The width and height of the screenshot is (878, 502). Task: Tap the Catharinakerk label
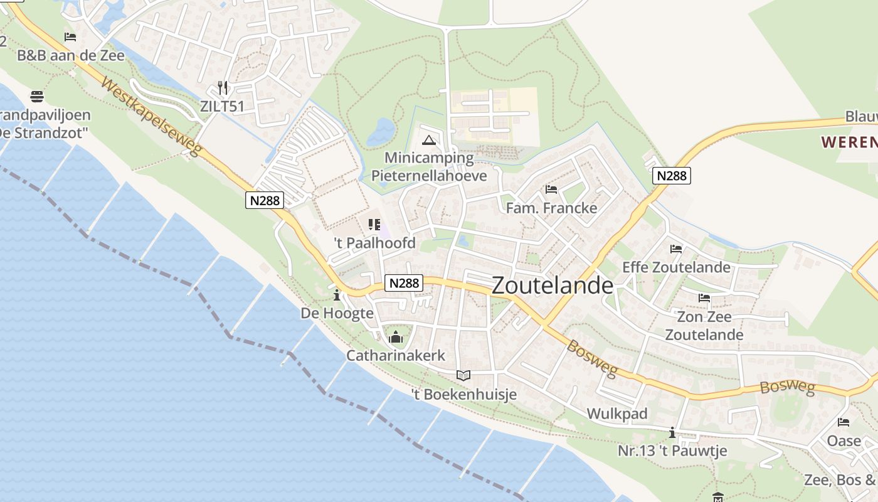coord(396,356)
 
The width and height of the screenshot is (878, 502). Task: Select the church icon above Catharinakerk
coord(396,338)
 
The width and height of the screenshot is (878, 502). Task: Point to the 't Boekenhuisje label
coord(463,394)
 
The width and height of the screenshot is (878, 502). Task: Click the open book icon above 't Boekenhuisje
coord(463,375)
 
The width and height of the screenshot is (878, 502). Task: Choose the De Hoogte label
coord(337,312)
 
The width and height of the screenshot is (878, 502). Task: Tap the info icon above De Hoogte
coord(337,294)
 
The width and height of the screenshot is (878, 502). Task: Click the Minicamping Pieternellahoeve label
coord(429,166)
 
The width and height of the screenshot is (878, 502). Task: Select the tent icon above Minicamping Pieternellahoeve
coord(429,139)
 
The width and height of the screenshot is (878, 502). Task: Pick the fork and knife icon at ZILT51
coord(223,87)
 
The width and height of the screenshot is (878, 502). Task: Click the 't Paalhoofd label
coord(374,242)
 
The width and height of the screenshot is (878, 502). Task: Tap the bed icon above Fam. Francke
coord(551,189)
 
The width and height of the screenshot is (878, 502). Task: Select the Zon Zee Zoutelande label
coord(704,326)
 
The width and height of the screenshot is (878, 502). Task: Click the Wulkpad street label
coord(617,414)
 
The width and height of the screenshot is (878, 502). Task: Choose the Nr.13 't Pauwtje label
coord(672,451)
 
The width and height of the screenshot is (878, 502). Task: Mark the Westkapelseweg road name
coord(151,117)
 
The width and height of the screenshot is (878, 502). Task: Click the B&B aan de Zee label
coord(71,55)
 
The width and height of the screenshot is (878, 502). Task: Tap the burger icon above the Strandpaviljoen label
coord(37,97)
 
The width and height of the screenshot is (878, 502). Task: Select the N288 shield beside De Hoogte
coord(404,283)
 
